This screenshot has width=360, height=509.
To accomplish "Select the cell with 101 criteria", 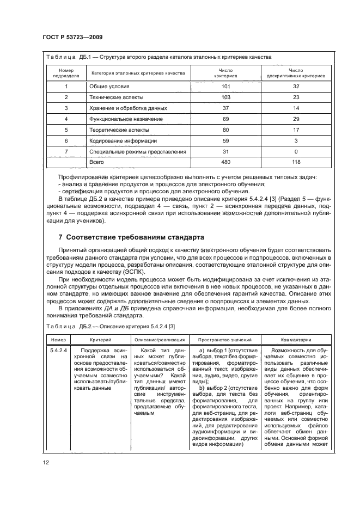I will tap(226, 86).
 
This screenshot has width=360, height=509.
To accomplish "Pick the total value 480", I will tap(226, 162).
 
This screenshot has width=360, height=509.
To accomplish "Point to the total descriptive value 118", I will tap(296, 162).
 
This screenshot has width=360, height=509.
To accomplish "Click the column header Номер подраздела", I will tap(66, 73).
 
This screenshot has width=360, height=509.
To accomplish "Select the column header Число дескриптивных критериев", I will tap(296, 73).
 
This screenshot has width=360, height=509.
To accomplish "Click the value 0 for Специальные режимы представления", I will tap(296, 151).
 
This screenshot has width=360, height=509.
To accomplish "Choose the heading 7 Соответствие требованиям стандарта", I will tap(131, 238).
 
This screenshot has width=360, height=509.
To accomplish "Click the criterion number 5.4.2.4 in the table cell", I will tap(58, 350).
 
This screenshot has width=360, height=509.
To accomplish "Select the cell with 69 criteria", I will tap(226, 119).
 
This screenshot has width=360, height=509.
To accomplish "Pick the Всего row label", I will tap(96, 162).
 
